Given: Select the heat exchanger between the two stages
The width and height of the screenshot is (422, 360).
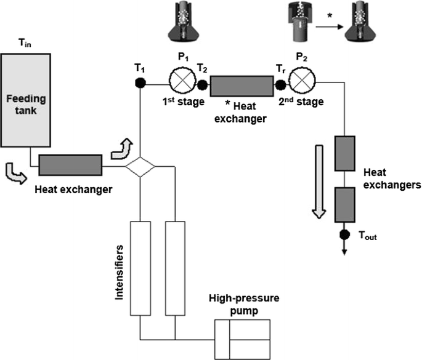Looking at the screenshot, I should pos(241,86).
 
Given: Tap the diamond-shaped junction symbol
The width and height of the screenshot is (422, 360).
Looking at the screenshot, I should pos(140,166).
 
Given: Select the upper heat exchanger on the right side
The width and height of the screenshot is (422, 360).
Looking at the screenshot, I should pos(345,153).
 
